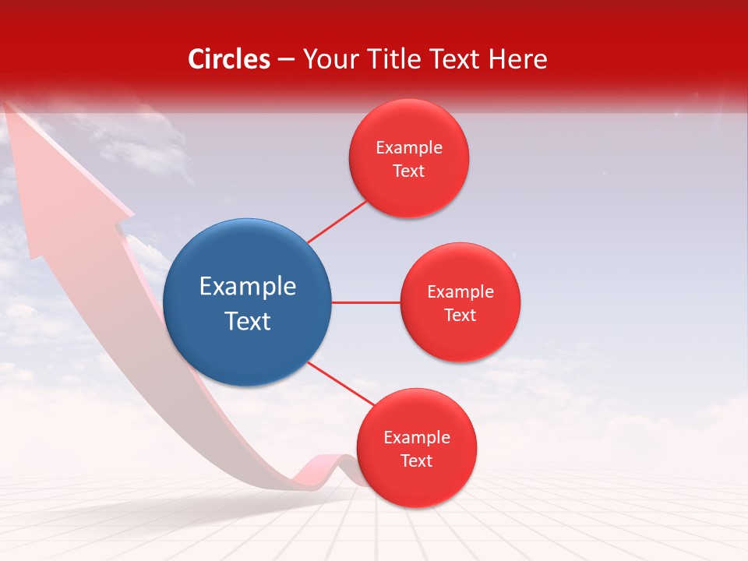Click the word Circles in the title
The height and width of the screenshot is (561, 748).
pyautogui.click(x=229, y=59)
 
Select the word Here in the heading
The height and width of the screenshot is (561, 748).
pyautogui.click(x=518, y=59)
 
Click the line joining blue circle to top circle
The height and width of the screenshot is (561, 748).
pyautogui.click(x=337, y=222)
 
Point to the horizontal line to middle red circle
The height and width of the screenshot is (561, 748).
pyautogui.click(x=365, y=302)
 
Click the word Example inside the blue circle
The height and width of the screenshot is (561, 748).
pyautogui.click(x=248, y=286)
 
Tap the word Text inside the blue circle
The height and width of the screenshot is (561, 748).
pyautogui.click(x=248, y=321)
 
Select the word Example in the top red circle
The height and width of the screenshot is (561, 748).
pyautogui.click(x=408, y=147)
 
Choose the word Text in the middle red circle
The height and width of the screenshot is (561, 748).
pyautogui.click(x=460, y=315)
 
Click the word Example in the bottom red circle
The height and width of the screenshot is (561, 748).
pyautogui.click(x=416, y=437)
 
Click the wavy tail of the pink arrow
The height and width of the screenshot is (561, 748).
pyautogui.click(x=327, y=467)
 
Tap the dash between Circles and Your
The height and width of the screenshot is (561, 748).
pyautogui.click(x=286, y=60)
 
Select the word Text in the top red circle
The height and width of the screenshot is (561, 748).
pyautogui.click(x=408, y=171)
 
